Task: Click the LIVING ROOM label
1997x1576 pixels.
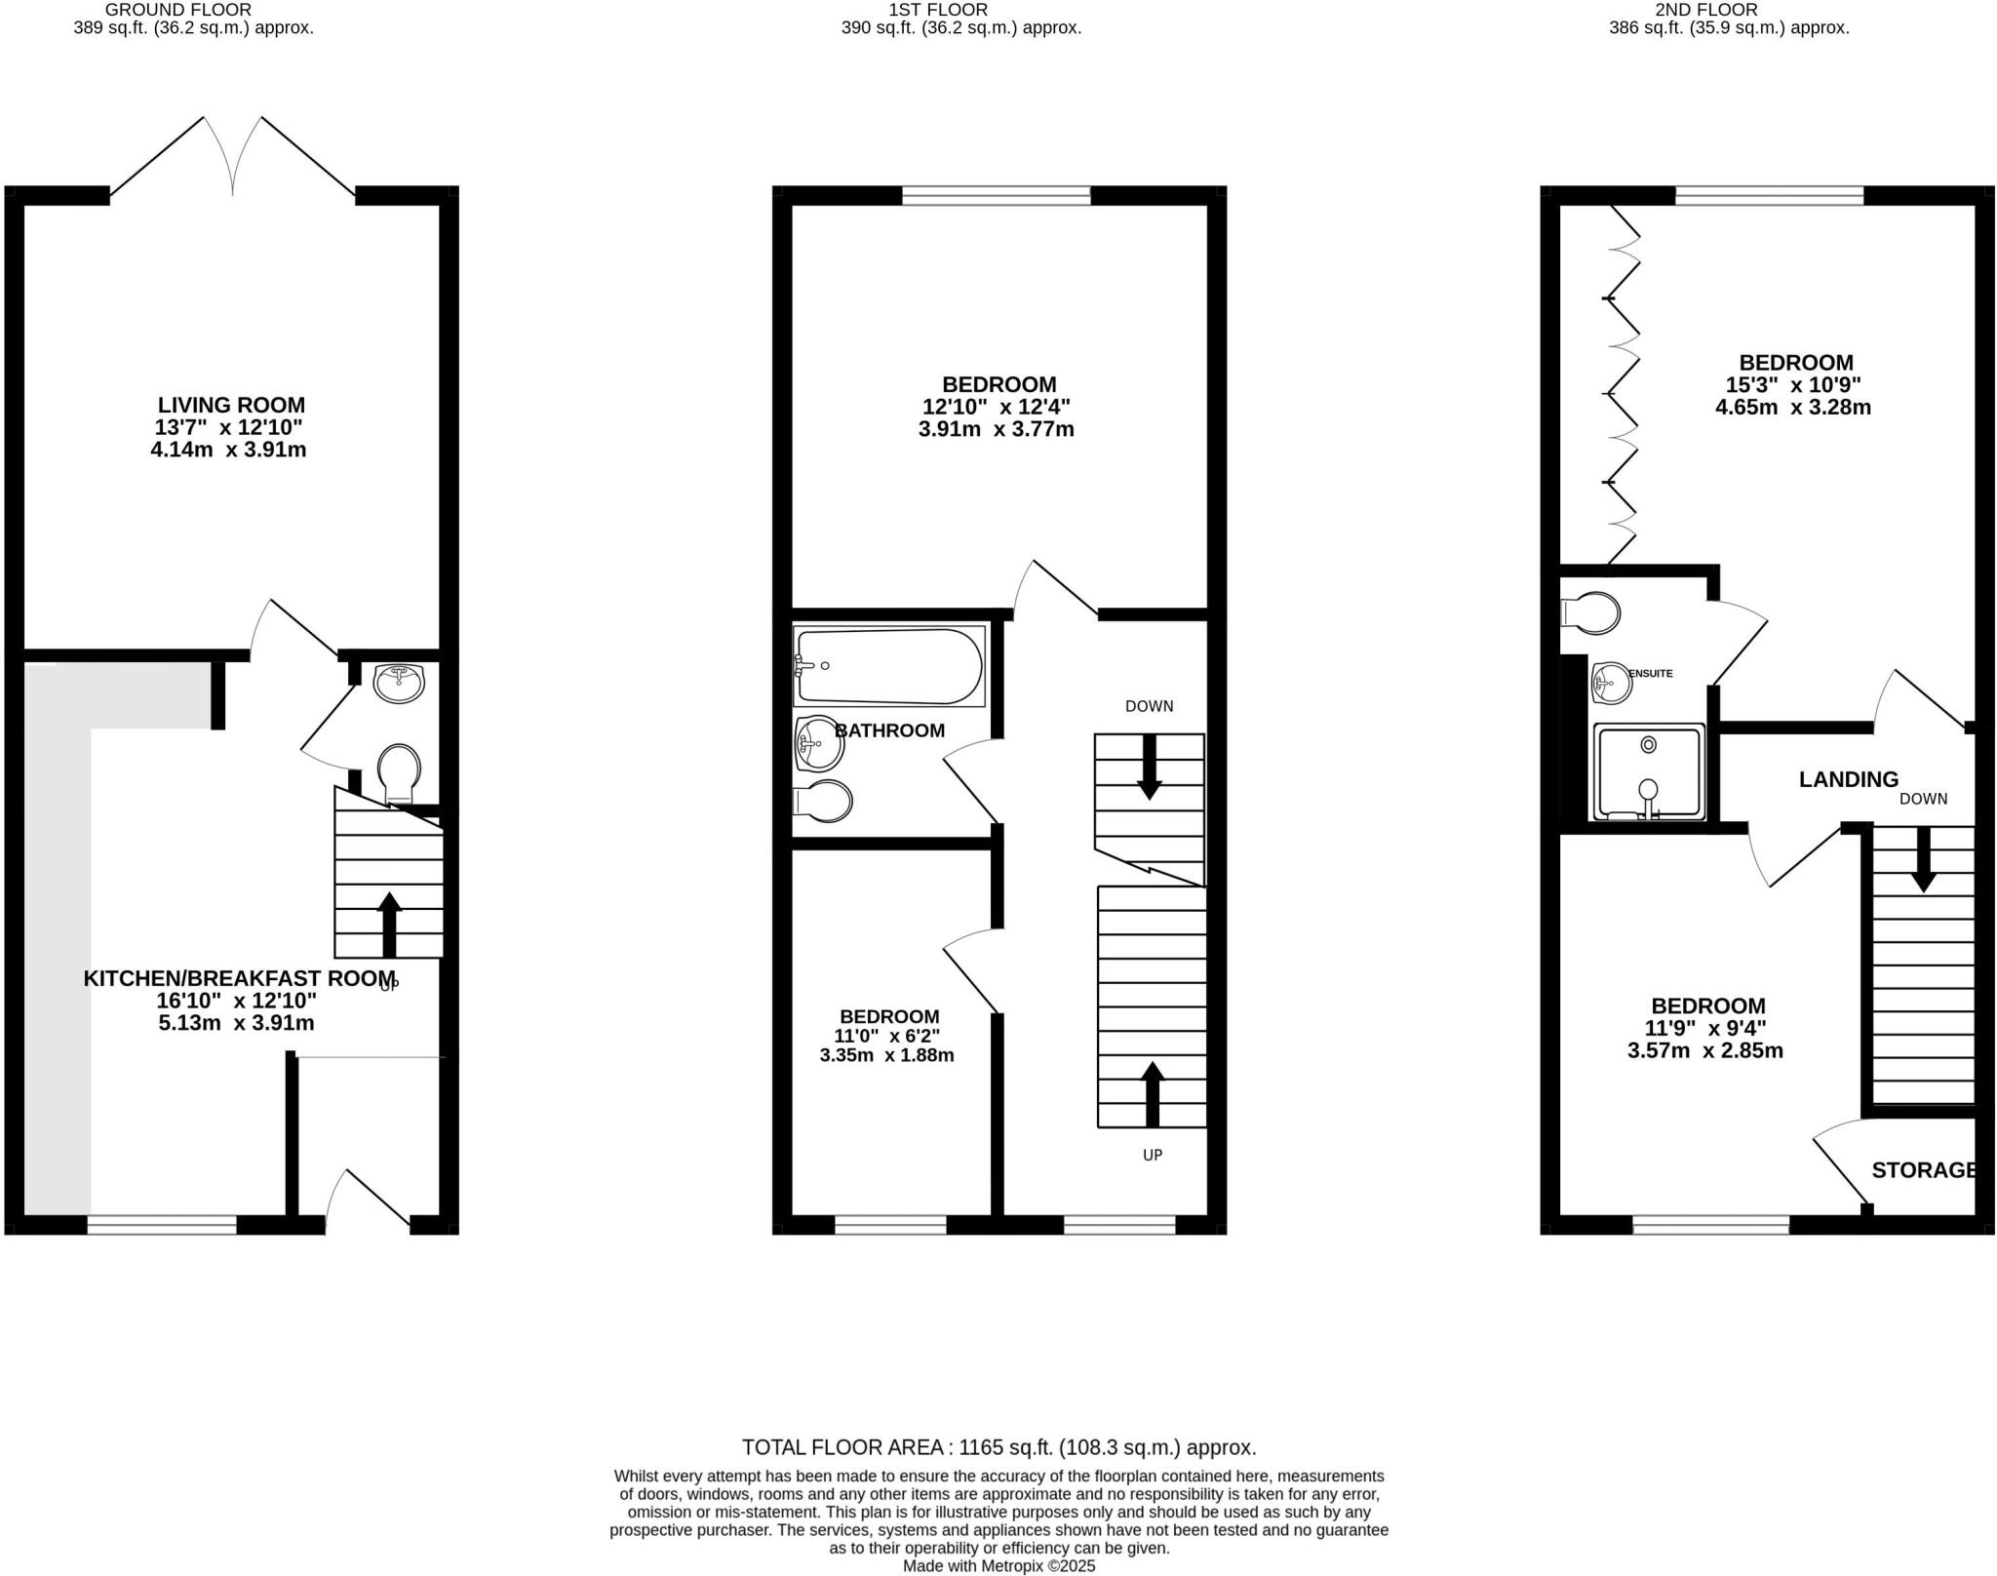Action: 231,405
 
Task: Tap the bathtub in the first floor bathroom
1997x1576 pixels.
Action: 889,666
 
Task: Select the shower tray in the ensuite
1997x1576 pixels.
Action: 1648,771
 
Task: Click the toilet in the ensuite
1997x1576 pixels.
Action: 1590,613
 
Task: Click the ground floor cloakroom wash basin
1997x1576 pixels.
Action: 399,683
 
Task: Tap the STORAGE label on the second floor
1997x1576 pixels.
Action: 1924,1170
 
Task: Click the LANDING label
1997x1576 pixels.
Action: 1849,779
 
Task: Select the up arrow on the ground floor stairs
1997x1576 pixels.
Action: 389,924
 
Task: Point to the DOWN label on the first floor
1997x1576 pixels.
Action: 1149,706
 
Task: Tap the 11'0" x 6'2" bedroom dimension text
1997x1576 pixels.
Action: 887,1036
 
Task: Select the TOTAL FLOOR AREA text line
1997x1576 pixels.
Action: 998,1447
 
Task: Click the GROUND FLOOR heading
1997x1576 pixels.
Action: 178,10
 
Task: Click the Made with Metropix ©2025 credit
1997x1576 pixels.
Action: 999,1566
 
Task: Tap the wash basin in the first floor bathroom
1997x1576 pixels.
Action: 819,743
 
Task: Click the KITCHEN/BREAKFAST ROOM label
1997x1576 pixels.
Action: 239,978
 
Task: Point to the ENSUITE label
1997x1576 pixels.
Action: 1651,673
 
